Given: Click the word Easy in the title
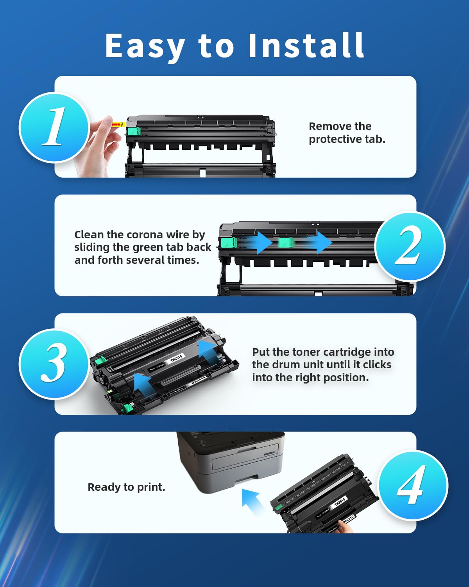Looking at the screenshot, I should [x=145, y=46].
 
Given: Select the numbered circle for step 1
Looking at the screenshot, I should [x=54, y=127].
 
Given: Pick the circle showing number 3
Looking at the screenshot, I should [x=54, y=364].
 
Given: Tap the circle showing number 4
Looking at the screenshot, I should [x=413, y=485].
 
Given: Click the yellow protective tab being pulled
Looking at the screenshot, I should [x=118, y=124].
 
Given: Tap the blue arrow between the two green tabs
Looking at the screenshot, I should [x=263, y=243].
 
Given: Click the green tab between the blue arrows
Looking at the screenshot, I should [x=286, y=243].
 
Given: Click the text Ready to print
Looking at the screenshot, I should [x=126, y=487].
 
